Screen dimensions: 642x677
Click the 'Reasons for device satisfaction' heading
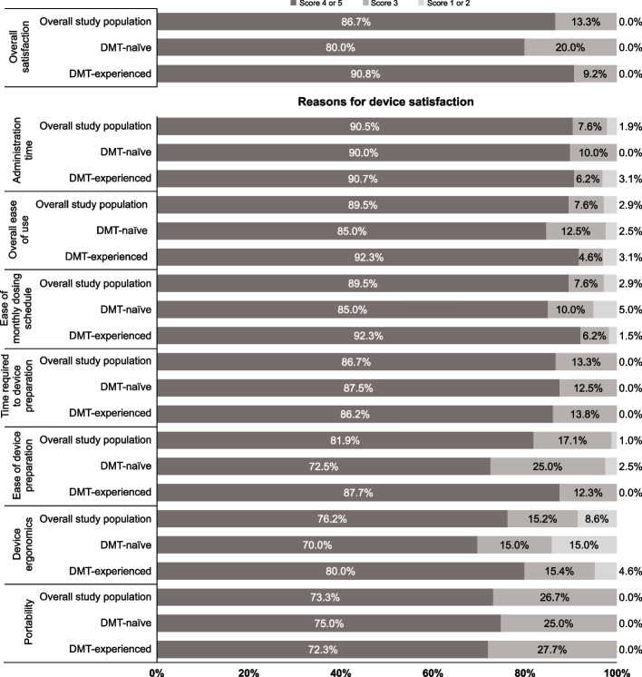point(385,102)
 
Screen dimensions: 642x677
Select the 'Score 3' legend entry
point(380,3)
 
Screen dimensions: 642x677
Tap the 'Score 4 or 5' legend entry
point(316,3)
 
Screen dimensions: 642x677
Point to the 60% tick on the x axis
point(433,672)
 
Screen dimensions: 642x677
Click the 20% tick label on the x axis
point(248,672)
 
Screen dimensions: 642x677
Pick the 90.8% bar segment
point(365,74)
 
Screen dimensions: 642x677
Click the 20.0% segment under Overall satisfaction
point(570,47)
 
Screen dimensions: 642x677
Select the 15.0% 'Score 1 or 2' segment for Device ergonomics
point(584,545)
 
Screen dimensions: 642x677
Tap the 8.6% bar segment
point(598,518)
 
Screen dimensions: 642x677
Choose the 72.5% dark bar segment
point(324,466)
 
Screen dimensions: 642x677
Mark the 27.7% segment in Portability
point(552,650)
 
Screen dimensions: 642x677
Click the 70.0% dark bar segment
point(317,545)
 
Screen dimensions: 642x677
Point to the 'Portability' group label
point(28,622)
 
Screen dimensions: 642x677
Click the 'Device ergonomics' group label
point(23,545)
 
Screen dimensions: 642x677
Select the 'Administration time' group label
point(23,151)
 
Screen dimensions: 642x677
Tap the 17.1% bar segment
point(572,440)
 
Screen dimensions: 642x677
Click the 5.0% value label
point(630,309)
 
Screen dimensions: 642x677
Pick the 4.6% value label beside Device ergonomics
point(630,571)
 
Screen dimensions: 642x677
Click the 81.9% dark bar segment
point(345,440)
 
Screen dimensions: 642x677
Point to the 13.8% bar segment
point(585,414)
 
